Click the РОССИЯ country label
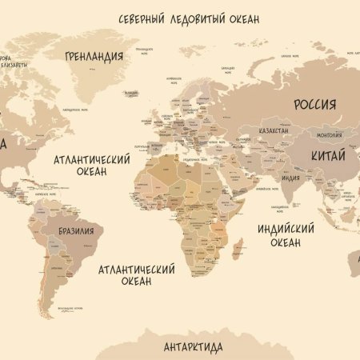tap(314, 104)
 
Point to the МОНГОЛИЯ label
tap(307, 134)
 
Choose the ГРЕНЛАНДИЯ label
tap(94, 56)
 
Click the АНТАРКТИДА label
tap(193, 346)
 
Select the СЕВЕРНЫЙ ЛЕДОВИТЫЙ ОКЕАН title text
tap(189, 18)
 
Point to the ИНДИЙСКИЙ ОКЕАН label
tap(278, 234)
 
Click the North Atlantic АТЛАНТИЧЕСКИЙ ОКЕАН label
tap(92, 166)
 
